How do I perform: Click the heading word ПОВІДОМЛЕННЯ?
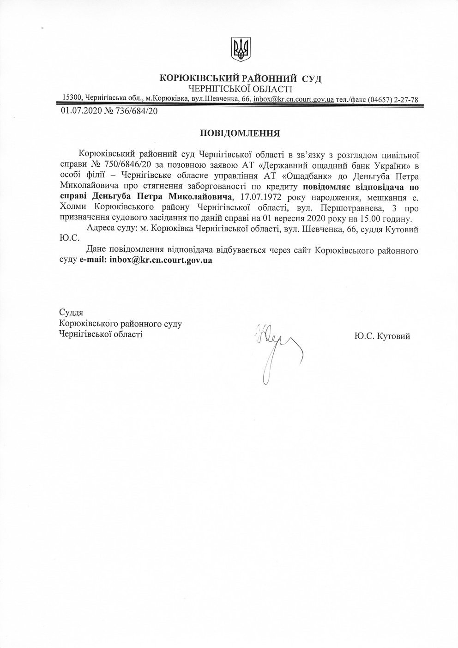pos(240,133)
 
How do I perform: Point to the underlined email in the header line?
pos(294,99)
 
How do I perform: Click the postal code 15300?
pos(72,97)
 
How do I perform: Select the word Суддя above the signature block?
pos(71,313)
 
